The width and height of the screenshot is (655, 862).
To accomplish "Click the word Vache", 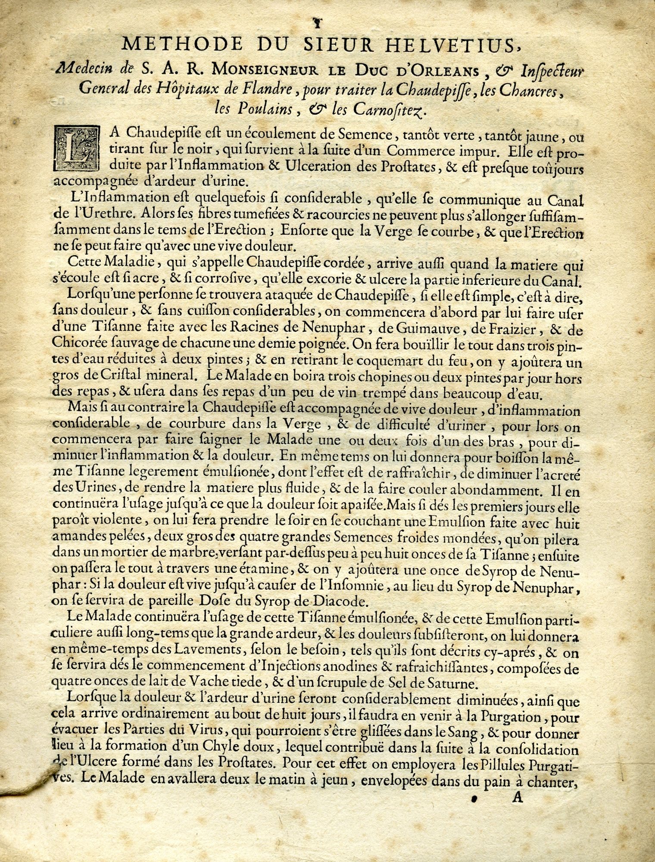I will tap(201, 686).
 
